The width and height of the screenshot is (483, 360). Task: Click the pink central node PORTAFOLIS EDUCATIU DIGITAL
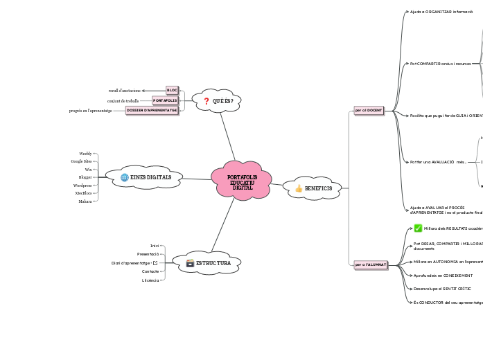pos(241,181)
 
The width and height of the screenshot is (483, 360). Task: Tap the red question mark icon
pos(206,101)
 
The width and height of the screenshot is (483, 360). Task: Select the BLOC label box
pos(172,90)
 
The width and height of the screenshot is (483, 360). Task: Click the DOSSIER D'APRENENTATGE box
pos(151,110)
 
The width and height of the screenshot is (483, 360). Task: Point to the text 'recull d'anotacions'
pos(125,91)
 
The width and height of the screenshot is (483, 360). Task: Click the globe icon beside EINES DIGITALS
pos(125,177)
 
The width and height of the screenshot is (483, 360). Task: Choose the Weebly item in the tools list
pos(85,154)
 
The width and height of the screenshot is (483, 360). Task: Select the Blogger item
pos(85,177)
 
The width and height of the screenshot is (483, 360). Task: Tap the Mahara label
pos(85,201)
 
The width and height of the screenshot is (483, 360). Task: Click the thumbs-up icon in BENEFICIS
pos(299,188)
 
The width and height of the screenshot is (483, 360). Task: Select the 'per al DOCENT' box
pos(368,110)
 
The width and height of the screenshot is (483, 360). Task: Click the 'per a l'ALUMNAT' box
pos(370,264)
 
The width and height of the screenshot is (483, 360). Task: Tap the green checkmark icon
pos(418,228)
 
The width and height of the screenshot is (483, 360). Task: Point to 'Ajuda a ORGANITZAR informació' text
pos(441,12)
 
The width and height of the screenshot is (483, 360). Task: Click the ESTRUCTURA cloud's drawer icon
pos(190,263)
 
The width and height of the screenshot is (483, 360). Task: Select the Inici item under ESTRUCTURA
pos(155,246)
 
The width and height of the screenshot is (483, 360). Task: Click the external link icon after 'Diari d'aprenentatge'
pos(155,263)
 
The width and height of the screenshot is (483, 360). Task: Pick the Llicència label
pos(150,280)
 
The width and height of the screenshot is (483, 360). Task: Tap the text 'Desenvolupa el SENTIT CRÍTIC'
pos(441,288)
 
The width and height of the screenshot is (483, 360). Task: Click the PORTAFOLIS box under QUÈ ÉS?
pos(165,100)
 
